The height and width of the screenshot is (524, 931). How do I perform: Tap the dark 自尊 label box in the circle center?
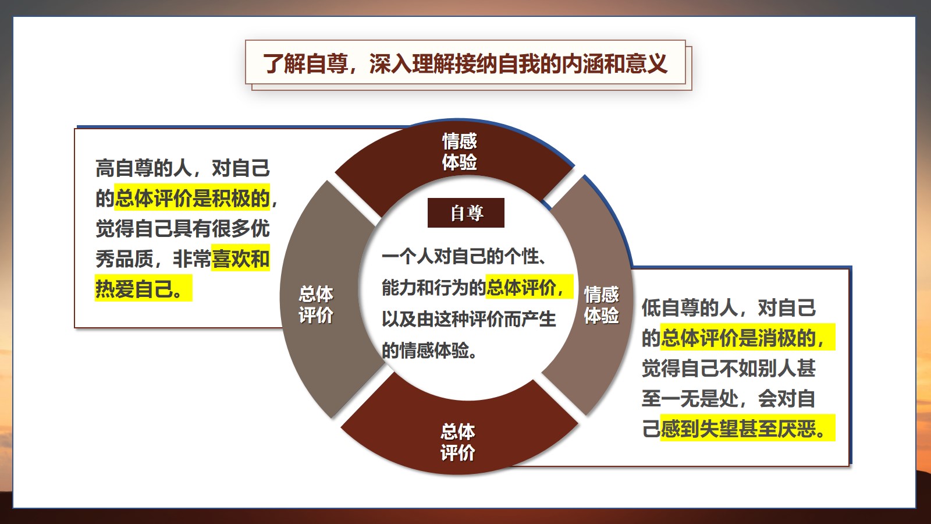[466, 213]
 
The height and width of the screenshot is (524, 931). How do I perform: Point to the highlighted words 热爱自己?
[143, 288]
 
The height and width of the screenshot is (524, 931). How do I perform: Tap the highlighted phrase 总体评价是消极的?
[748, 337]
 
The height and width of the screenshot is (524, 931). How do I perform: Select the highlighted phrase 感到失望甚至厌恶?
[748, 428]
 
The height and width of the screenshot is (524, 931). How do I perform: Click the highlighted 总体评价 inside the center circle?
[529, 287]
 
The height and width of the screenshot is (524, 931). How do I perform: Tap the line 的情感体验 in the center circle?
[429, 350]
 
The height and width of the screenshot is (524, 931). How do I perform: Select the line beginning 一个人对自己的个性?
[464, 256]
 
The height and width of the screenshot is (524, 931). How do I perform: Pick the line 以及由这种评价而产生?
[468, 319]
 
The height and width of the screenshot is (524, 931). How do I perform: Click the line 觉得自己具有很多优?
[183, 228]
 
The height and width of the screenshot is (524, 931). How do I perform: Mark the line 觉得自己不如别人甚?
[729, 367]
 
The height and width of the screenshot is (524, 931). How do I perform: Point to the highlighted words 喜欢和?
[241, 258]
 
